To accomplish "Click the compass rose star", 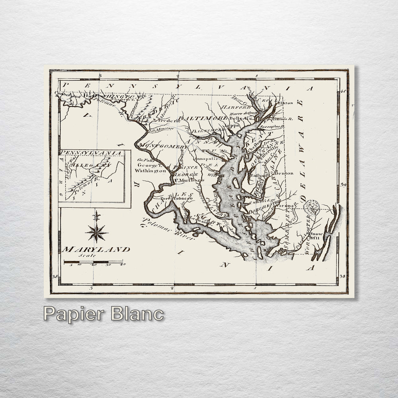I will [x=96, y=232].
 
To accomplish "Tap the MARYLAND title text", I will [x=96, y=250].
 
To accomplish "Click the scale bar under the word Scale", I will [x=94, y=262].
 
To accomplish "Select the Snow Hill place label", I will [x=317, y=236].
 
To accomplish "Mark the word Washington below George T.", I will [x=150, y=170].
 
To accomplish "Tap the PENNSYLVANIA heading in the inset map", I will [x=91, y=152].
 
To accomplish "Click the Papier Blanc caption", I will [x=103, y=314].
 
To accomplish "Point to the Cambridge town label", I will [x=260, y=200].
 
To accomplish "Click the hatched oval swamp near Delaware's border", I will [x=311, y=207].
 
